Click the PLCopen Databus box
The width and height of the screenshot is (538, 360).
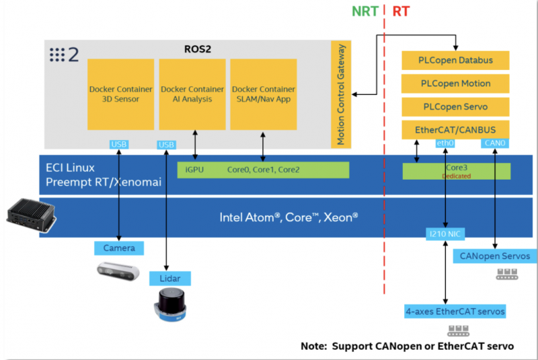[456, 60]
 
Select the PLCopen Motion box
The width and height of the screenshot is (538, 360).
[456, 83]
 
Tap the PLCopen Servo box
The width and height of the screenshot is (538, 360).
[456, 107]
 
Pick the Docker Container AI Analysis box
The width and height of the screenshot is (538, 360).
[192, 94]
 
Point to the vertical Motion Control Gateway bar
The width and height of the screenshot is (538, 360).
[340, 94]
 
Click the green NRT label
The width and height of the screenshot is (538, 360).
[364, 11]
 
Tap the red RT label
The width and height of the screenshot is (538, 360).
[401, 11]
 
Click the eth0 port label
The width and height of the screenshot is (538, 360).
[445, 143]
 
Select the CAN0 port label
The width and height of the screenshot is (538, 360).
[494, 143]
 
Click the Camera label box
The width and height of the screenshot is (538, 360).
[118, 248]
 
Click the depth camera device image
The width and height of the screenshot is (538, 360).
[117, 272]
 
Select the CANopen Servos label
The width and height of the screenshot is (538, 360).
[496, 256]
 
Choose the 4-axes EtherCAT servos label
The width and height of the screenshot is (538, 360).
[455, 312]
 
